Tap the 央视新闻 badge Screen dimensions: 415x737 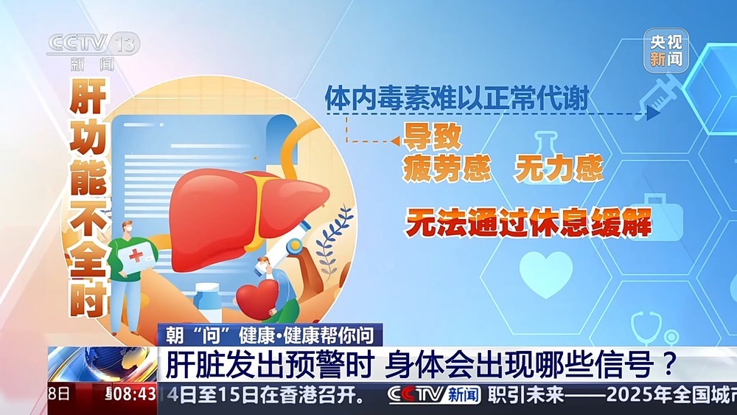(666, 50)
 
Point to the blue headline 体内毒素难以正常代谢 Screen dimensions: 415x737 (456, 98)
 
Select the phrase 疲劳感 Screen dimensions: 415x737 (447, 169)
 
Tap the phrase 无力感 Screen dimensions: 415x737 (559, 169)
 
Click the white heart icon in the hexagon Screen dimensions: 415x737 (545, 273)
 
